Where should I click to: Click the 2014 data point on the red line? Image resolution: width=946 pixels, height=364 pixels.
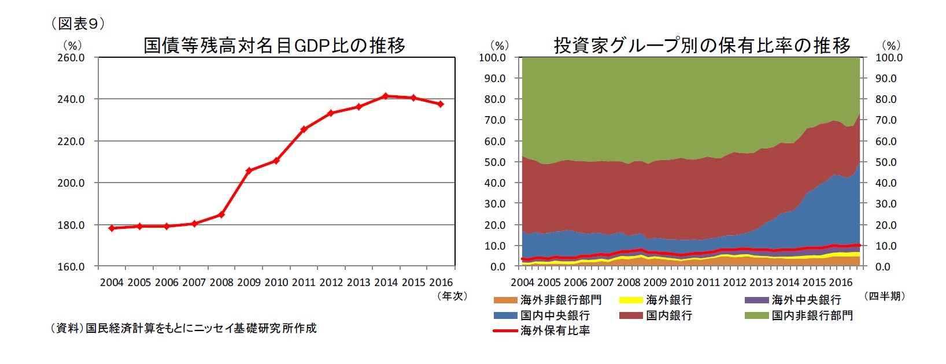(x=386, y=96)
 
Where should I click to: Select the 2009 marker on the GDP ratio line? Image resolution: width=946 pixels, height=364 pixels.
(x=249, y=170)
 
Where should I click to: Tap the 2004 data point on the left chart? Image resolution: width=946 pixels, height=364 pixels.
(x=112, y=228)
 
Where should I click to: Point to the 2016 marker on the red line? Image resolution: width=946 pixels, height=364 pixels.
(x=441, y=104)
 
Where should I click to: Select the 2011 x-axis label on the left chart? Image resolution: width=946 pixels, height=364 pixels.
(x=304, y=283)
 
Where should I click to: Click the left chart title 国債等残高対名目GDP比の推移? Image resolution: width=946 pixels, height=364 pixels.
(x=274, y=45)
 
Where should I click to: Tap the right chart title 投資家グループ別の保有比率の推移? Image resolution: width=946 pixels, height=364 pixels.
(x=702, y=45)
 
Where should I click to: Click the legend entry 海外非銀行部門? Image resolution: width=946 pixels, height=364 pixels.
(x=560, y=300)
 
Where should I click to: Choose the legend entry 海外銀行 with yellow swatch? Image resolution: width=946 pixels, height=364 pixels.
(x=668, y=300)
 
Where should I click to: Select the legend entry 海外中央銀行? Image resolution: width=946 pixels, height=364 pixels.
(x=805, y=300)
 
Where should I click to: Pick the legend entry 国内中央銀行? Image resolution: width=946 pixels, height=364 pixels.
(x=555, y=315)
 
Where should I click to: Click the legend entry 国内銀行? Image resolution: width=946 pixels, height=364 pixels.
(x=668, y=315)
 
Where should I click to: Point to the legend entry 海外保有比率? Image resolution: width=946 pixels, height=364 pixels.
(x=555, y=331)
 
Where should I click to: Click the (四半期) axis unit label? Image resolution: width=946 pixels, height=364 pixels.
(x=885, y=296)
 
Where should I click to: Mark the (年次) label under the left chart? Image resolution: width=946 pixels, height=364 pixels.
(x=451, y=296)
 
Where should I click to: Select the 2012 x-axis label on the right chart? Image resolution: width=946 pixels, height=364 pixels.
(x=734, y=283)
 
